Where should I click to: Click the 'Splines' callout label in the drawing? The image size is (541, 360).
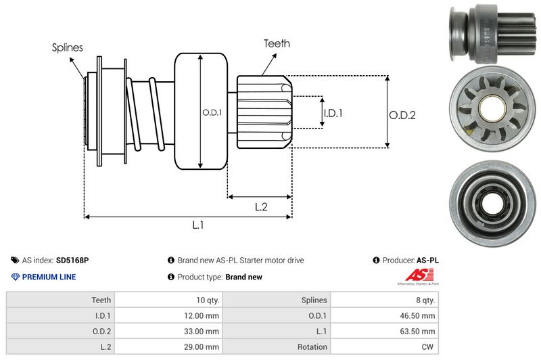[68, 47]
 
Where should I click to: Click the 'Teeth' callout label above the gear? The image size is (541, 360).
[277, 43]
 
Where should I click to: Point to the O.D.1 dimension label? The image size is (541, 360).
[212, 112]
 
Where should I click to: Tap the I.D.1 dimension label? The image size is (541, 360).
[333, 113]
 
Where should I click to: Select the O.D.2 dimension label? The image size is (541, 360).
[402, 115]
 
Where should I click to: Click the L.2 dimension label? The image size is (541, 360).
[262, 207]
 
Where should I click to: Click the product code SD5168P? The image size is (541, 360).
[72, 260]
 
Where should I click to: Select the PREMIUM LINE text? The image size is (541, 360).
[49, 277]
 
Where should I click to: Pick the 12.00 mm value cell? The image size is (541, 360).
[202, 315]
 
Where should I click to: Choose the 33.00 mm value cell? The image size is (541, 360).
[202, 332]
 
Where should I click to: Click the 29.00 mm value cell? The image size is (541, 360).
[202, 347]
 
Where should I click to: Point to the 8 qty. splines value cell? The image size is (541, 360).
[423, 300]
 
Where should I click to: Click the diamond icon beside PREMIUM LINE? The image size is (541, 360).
[16, 277]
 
